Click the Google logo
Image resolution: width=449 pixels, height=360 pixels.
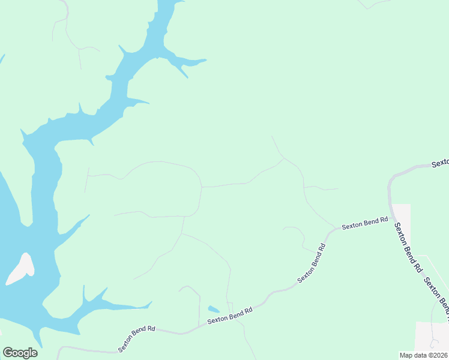pos(20,353)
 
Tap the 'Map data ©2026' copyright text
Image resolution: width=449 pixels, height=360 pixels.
pos(424,355)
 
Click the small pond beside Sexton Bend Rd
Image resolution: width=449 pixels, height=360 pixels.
pos(214,310)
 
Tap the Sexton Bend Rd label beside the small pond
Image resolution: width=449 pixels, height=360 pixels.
pos(229,316)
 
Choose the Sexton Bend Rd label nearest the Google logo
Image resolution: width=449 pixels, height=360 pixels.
pos(137,338)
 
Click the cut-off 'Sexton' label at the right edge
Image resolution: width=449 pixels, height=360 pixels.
pos(441,163)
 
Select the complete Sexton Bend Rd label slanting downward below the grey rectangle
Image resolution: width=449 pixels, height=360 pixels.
pos(407,248)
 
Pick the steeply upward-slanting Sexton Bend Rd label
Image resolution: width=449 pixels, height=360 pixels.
pos(312,263)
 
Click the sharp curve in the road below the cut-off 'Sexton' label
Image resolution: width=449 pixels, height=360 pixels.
pos(391,179)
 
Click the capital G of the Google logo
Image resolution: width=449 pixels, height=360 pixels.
pos(8,352)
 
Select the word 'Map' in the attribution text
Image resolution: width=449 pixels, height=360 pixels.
pos(406,355)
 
